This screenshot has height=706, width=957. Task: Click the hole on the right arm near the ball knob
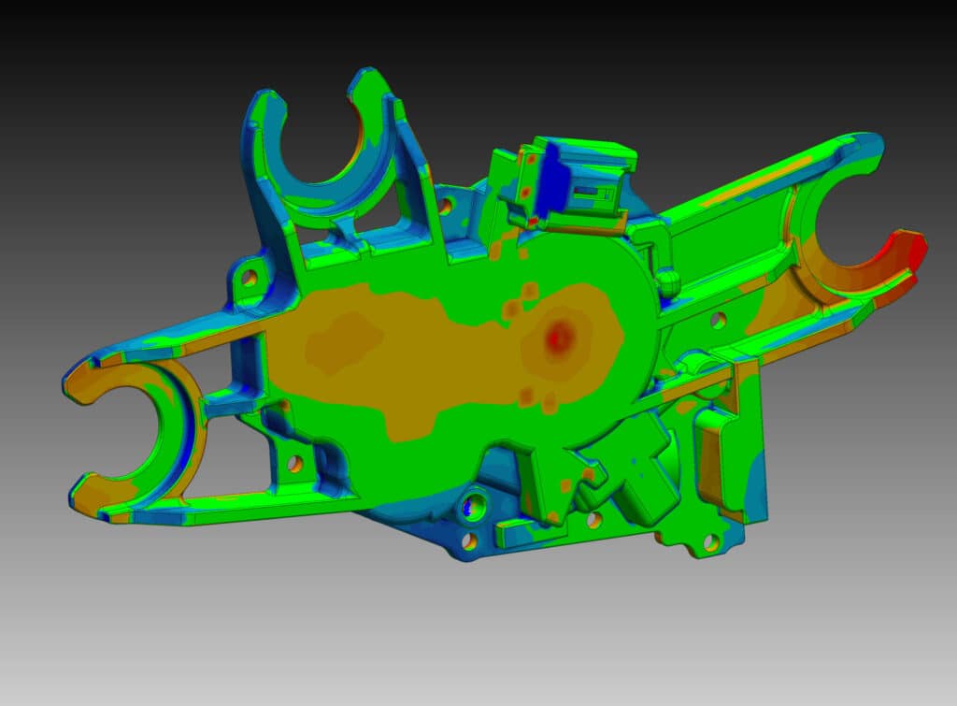click(718, 320)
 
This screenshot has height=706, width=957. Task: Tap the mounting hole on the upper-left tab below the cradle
click(249, 277)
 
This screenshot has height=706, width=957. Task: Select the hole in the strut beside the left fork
click(294, 463)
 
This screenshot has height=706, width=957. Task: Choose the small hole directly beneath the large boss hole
click(470, 540)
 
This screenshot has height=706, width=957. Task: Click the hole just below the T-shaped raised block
click(593, 520)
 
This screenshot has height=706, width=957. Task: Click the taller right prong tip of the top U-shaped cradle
click(368, 79)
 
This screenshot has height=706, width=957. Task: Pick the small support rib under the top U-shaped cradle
click(349, 225)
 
